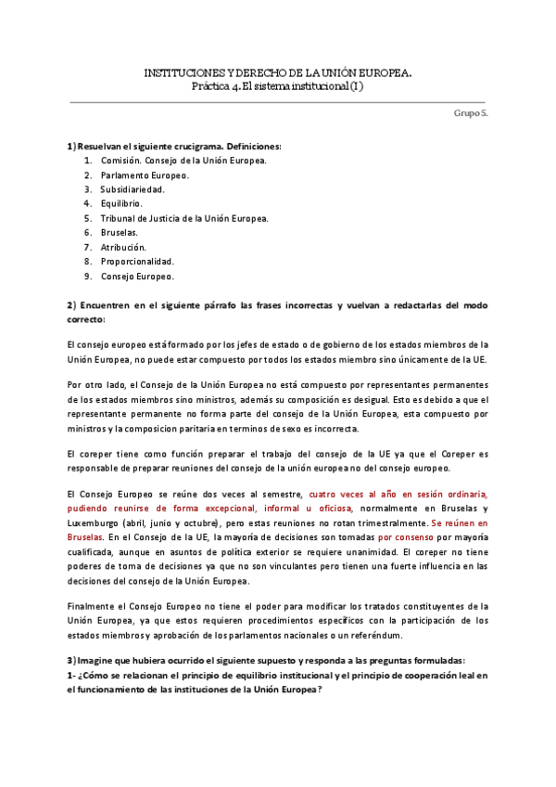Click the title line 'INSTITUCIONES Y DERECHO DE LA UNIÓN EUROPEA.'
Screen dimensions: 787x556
(277, 71)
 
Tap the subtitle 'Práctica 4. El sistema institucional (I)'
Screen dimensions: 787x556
(277, 86)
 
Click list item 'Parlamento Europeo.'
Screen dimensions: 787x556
(145, 174)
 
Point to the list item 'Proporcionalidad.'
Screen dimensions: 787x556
(144, 262)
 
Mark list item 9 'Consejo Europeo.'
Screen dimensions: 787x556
(138, 276)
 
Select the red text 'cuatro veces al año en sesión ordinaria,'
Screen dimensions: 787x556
(398, 494)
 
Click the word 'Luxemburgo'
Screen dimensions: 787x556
(93, 523)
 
